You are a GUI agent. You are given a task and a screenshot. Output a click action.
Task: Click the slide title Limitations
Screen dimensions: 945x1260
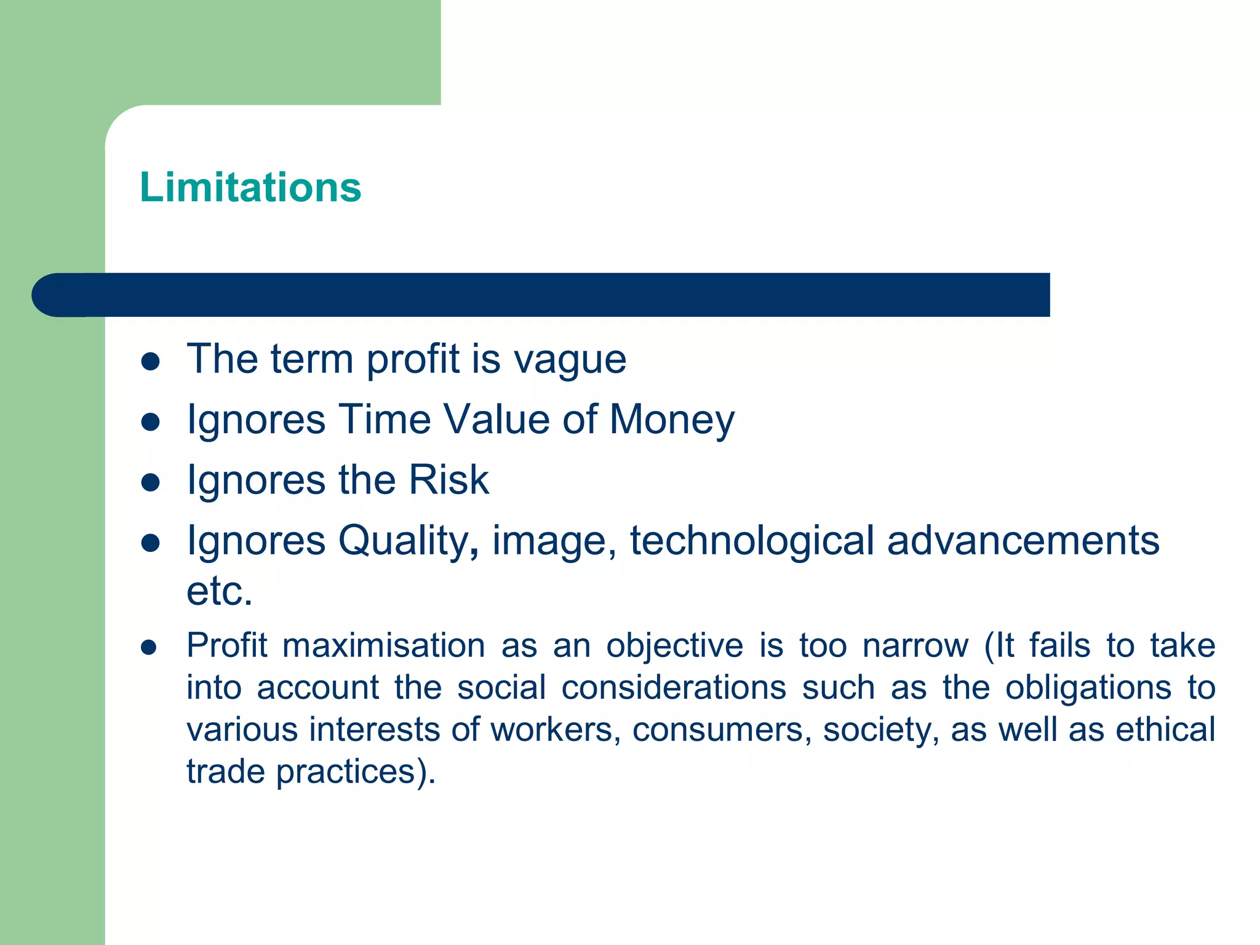coord(250,187)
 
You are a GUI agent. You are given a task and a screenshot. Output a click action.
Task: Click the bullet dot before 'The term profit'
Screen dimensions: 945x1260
coord(151,361)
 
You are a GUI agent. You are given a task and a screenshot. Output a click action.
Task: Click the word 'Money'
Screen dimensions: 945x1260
coord(672,420)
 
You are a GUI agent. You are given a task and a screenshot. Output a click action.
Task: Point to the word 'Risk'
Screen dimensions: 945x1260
coord(449,480)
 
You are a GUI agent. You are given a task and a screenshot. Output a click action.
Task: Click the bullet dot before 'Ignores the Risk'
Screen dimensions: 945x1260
coord(151,482)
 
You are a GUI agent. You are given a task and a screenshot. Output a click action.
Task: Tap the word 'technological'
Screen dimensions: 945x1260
coord(751,541)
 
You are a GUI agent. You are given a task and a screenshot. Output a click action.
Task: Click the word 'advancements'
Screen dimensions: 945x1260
coord(1023,541)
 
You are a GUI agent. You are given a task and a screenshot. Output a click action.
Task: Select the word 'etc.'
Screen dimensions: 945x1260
coord(220,591)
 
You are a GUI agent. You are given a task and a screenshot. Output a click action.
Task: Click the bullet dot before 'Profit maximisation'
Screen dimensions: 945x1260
coord(149,647)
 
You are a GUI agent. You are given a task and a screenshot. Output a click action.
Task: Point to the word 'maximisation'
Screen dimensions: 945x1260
coord(384,646)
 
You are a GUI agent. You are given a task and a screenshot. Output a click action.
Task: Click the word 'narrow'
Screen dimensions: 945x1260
coord(915,646)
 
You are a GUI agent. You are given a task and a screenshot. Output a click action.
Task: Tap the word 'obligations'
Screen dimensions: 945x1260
coord(1088,688)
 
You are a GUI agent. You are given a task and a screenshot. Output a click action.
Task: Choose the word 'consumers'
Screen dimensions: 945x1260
coord(722,730)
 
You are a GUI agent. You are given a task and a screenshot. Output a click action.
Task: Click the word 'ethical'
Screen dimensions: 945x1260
coord(1165,730)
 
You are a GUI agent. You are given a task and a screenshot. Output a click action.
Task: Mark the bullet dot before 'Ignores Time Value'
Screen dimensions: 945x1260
coord(151,422)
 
